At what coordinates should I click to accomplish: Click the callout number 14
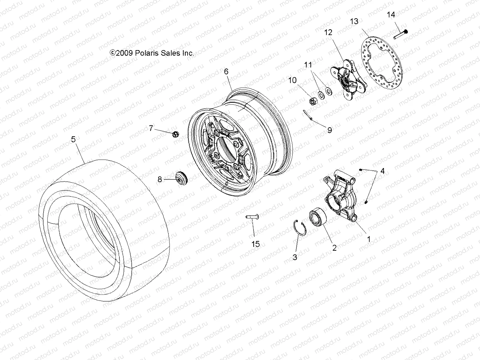391,14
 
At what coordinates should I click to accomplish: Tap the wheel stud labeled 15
252,217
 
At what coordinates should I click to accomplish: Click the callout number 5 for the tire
73,139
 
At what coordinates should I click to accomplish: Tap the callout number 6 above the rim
226,71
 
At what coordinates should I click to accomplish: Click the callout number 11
308,65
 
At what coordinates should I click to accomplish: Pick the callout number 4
382,171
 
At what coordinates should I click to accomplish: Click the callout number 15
255,244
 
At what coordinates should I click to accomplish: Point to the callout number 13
354,22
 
